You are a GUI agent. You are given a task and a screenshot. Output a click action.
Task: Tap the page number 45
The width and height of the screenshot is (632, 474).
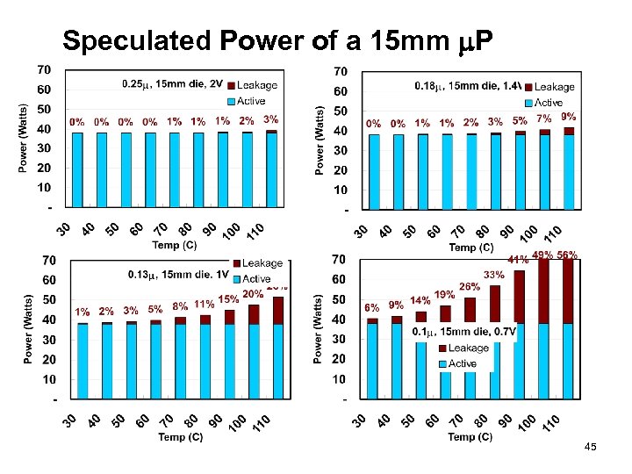pos(590,448)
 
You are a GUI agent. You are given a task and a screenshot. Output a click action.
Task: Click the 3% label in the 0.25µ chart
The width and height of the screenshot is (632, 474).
pos(271,119)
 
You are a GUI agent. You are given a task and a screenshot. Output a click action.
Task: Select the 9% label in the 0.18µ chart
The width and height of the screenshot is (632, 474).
pos(569,116)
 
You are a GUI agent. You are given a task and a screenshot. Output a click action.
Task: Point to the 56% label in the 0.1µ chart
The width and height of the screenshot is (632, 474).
pos(566,255)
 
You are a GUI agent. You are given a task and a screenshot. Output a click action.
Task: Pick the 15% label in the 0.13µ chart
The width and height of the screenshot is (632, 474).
pos(228,299)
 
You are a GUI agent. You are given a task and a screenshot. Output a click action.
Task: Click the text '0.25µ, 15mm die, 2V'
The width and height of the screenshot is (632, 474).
pos(173,84)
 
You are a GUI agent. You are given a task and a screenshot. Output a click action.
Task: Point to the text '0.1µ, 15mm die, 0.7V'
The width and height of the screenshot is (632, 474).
pos(464,331)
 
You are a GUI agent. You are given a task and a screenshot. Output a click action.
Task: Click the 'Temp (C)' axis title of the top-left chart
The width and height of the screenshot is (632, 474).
pos(176,245)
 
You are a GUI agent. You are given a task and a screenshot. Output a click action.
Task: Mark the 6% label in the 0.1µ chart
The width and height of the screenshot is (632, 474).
pos(371,308)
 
